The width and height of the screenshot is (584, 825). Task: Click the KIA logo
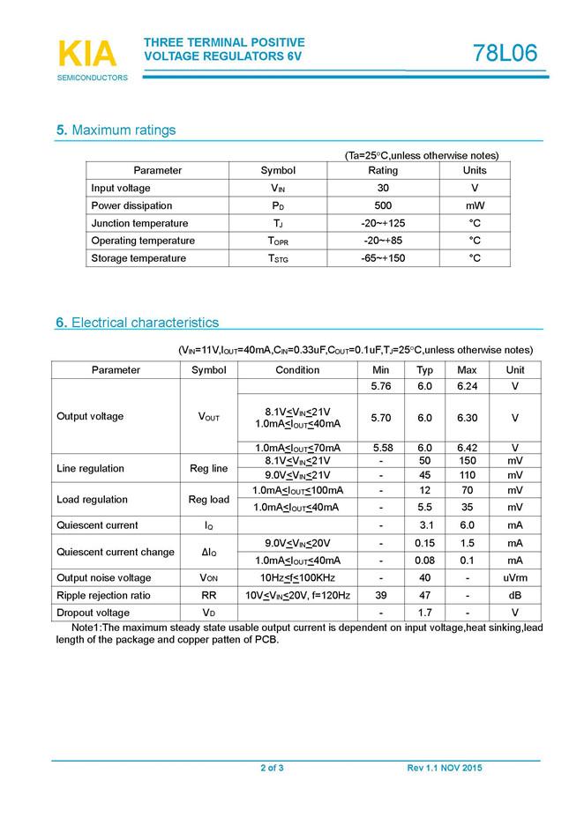pyautogui.click(x=86, y=56)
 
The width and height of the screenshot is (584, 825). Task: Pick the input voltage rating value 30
pyautogui.click(x=383, y=188)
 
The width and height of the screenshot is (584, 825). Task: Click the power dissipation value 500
pyautogui.click(x=383, y=205)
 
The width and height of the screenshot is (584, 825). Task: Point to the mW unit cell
pyautogui.click(x=475, y=205)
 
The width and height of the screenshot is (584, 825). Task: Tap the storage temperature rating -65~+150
pyautogui.click(x=383, y=258)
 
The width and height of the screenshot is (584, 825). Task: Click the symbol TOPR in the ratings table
pyautogui.click(x=278, y=241)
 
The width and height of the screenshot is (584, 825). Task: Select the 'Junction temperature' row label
pyautogui.click(x=139, y=223)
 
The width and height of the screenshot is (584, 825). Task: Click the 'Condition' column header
pyautogui.click(x=297, y=370)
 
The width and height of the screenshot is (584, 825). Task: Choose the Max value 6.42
pyautogui.click(x=467, y=448)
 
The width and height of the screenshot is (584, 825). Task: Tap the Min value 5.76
pyautogui.click(x=381, y=387)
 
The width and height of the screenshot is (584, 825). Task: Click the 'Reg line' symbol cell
pyautogui.click(x=208, y=468)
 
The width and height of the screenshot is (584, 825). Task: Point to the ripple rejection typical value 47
pyautogui.click(x=424, y=596)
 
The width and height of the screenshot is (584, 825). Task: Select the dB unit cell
pyautogui.click(x=515, y=596)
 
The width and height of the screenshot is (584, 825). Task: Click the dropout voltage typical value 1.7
pyautogui.click(x=424, y=613)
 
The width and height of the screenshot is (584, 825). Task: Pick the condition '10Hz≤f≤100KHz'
pyautogui.click(x=297, y=578)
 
